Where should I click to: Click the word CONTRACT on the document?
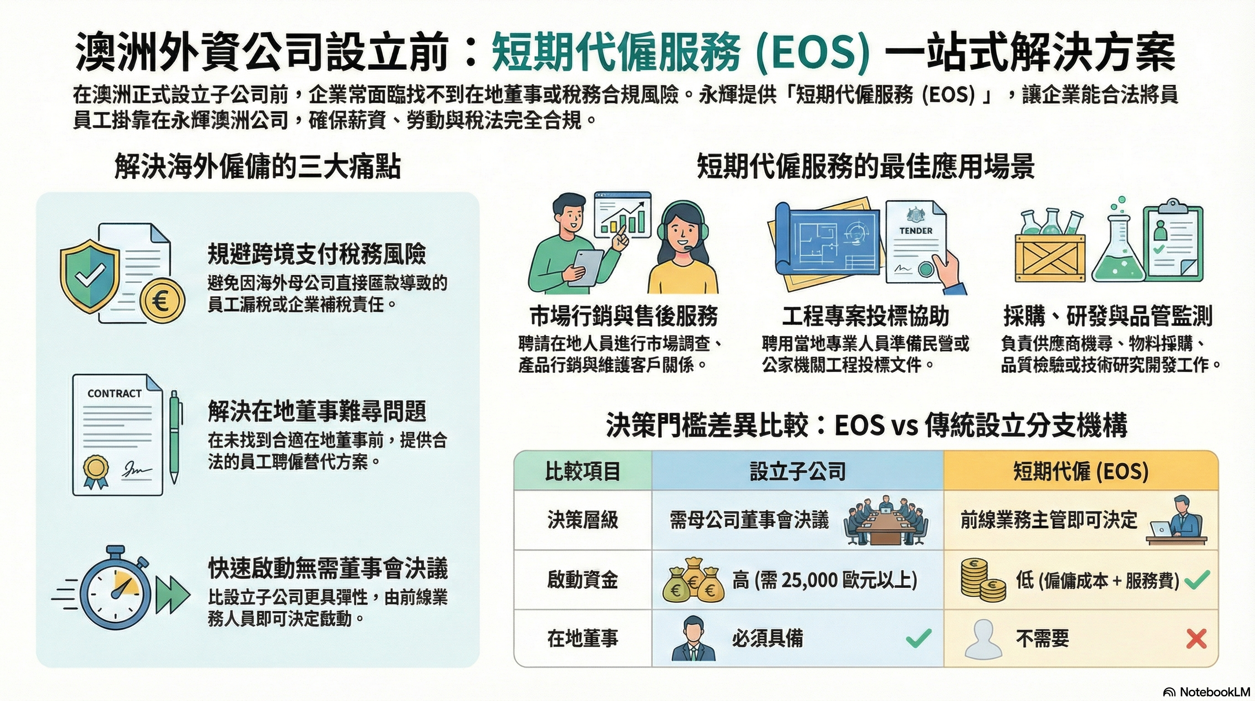pyautogui.click(x=114, y=393)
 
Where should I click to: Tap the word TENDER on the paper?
pyautogui.click(x=916, y=230)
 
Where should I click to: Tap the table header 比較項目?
pyautogui.click(x=582, y=471)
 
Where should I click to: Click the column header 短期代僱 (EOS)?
pyautogui.click(x=1081, y=471)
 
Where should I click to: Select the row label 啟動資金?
pyautogui.click(x=582, y=580)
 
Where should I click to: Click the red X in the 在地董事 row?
pyautogui.click(x=1197, y=638)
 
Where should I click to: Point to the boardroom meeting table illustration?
pyautogui.click(x=885, y=521)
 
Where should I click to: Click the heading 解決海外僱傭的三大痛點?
pyautogui.click(x=258, y=167)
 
